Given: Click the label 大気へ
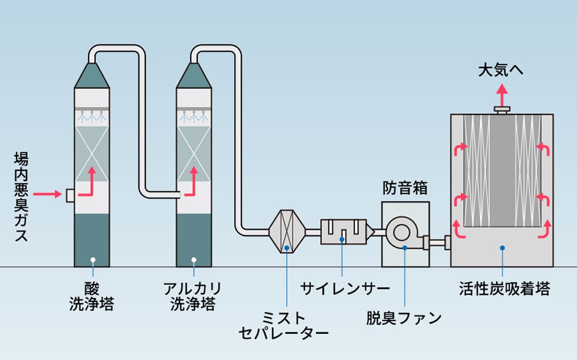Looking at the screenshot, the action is [x=501, y=70].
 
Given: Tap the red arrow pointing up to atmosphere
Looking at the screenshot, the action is [x=502, y=95].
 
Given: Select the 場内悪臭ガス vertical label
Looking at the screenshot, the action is [x=21, y=197].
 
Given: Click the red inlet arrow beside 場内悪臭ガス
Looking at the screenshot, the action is [x=48, y=194].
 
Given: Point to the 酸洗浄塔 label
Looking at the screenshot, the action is [x=92, y=296].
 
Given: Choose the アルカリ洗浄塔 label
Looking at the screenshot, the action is [x=193, y=296].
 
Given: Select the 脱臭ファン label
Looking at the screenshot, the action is [x=404, y=318].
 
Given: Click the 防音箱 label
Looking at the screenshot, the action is [x=405, y=188].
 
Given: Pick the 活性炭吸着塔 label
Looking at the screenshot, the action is [x=504, y=288].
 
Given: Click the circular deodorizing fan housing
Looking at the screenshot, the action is [x=402, y=232].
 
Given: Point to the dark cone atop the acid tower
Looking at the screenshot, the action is [x=92, y=76].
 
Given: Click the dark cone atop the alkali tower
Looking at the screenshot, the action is [x=193, y=76].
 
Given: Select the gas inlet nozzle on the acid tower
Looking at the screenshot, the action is [x=71, y=195].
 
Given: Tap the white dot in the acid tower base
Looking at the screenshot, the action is [x=93, y=260].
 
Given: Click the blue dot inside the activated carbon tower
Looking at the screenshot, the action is [x=502, y=248].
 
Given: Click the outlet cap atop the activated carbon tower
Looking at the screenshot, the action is [x=502, y=110].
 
